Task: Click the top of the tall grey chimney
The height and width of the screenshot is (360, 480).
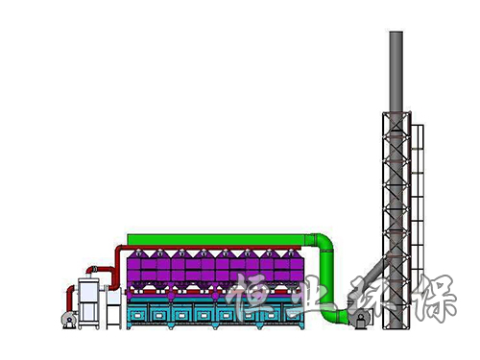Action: coord(396,32)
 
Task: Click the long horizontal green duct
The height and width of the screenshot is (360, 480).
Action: coord(216,240)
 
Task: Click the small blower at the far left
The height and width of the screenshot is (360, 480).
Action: coord(69,320)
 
